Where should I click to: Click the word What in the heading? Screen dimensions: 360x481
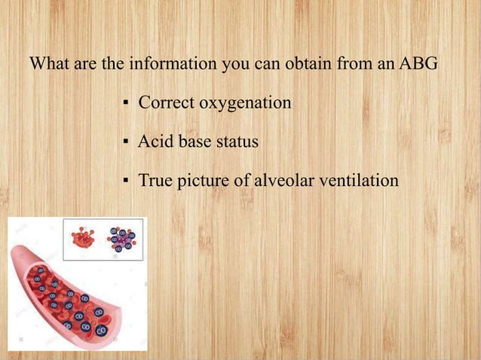pos(49,63)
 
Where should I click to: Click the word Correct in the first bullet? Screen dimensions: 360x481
pos(165,102)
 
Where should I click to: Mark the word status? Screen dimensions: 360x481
pos(236,142)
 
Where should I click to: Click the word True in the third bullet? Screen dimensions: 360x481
pos(155,181)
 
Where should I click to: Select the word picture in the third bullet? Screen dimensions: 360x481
pos(202,181)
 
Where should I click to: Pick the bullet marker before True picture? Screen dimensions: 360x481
pos(125,182)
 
